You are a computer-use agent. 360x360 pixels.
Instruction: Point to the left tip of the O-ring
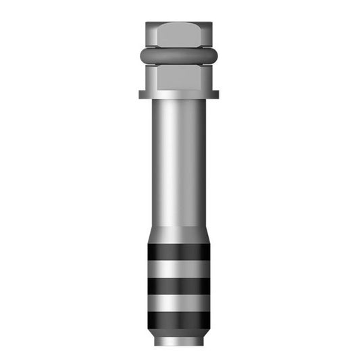(141, 55)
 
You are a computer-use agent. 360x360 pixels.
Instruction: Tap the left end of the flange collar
(141, 95)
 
